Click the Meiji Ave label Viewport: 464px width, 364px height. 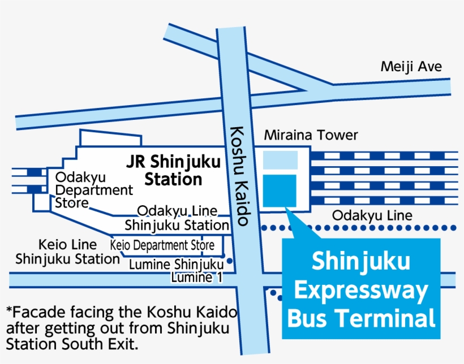tap(411, 67)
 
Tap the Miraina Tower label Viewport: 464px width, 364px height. tap(311, 135)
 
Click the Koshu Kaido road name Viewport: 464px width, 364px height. tap(239, 175)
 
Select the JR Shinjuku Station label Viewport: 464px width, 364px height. tap(173, 171)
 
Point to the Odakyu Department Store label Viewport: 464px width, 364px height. tap(93, 190)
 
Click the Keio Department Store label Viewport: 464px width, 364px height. tap(162, 246)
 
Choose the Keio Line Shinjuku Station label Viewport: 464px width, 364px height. tap(67, 252)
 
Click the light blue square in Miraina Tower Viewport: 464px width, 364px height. tap(280, 160)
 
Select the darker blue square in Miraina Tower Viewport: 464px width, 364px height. tap(280, 190)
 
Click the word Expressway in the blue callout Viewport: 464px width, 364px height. tap(361, 291)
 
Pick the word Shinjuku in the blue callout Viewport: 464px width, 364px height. tap(361, 262)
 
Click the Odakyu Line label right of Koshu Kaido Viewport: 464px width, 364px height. tap(372, 215)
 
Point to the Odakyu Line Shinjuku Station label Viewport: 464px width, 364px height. tap(177, 218)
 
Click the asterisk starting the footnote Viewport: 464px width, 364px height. tap(9, 311)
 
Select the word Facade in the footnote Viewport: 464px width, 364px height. tap(35, 312)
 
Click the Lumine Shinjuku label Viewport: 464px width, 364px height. tap(177, 264)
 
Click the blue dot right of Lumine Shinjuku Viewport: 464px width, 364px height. tap(230, 261)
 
